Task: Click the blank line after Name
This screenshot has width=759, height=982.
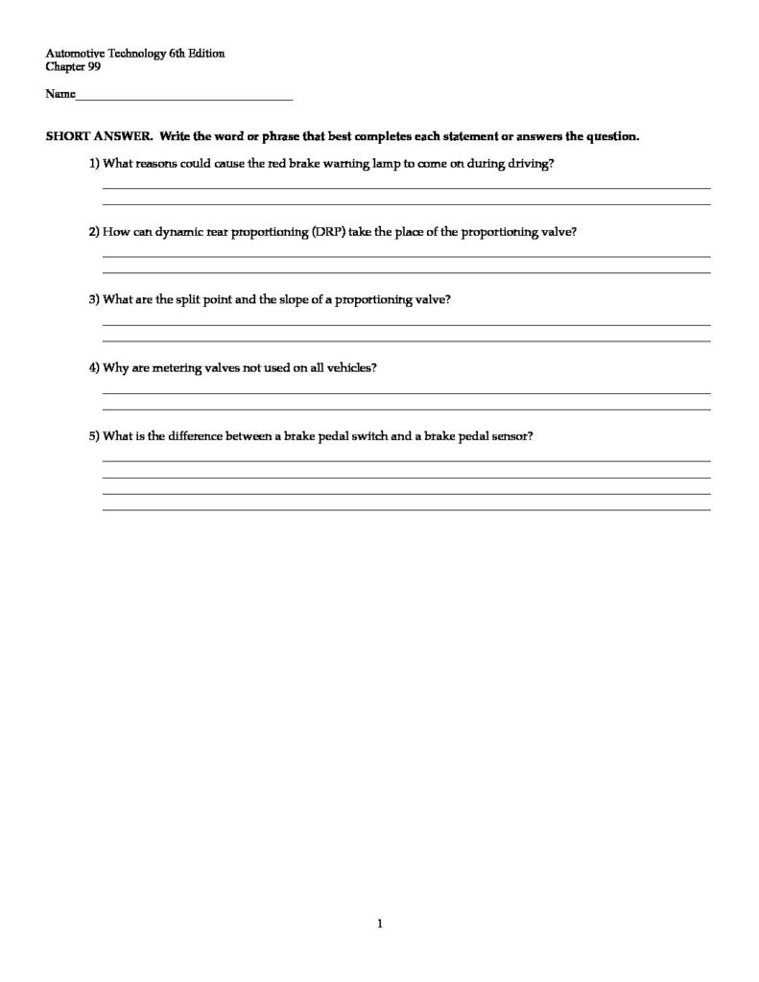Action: tap(182, 98)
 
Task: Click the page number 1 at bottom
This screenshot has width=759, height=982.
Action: tap(380, 924)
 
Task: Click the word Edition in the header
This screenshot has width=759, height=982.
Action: tap(207, 54)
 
